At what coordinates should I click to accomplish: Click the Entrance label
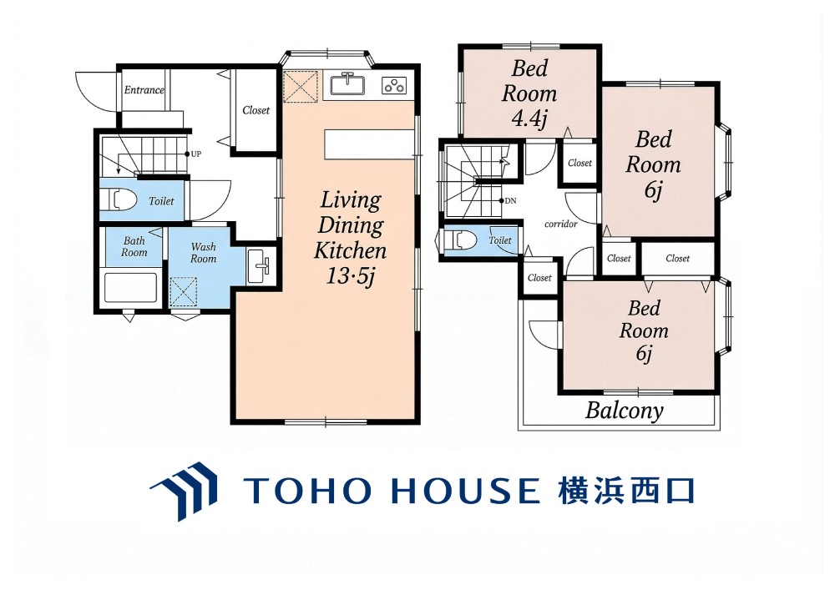(x=144, y=90)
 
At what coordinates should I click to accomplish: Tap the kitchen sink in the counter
(x=347, y=84)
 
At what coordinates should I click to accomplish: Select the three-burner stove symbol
(x=395, y=85)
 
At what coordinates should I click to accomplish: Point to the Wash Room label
(x=204, y=253)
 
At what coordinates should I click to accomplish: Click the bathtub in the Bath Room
(x=130, y=288)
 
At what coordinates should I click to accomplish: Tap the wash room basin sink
(x=260, y=266)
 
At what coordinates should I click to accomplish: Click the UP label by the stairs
(x=196, y=154)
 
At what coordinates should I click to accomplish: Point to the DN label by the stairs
(x=510, y=200)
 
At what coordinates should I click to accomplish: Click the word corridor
(x=561, y=224)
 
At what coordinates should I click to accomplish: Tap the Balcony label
(x=624, y=411)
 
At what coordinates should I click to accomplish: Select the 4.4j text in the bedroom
(x=529, y=119)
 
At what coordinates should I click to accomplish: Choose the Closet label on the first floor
(x=256, y=110)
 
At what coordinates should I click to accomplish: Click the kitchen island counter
(x=369, y=144)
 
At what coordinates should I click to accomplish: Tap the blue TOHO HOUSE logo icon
(x=184, y=491)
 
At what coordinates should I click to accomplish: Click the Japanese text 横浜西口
(x=626, y=491)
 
